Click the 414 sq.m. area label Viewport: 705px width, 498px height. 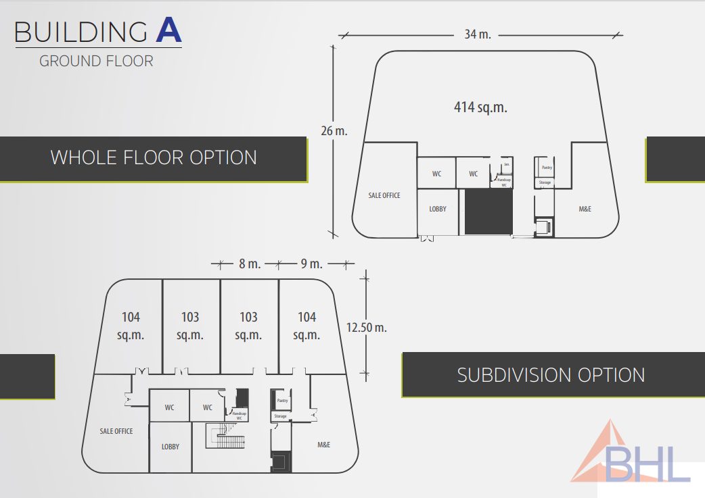point(480,107)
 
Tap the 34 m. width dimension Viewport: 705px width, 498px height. point(478,34)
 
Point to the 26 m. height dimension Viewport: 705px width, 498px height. point(334,131)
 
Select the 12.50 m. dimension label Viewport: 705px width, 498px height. point(366,328)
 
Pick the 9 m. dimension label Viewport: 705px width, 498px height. point(311,264)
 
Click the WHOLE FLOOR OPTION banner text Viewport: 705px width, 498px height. point(154,157)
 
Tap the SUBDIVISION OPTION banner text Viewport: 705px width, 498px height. point(551,375)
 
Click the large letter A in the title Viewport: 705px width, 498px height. point(168,31)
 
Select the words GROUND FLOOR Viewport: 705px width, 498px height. point(96,61)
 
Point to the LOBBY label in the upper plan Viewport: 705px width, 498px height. point(438,209)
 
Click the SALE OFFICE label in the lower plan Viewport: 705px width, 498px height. point(116,431)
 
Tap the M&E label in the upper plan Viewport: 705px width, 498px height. point(585,209)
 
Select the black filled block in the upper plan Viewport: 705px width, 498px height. point(488,211)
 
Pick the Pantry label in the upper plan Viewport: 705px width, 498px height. point(546,168)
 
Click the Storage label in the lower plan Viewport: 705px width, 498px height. point(280,416)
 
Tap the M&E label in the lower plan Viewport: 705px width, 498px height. point(324,445)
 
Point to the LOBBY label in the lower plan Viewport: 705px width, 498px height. point(170,447)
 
